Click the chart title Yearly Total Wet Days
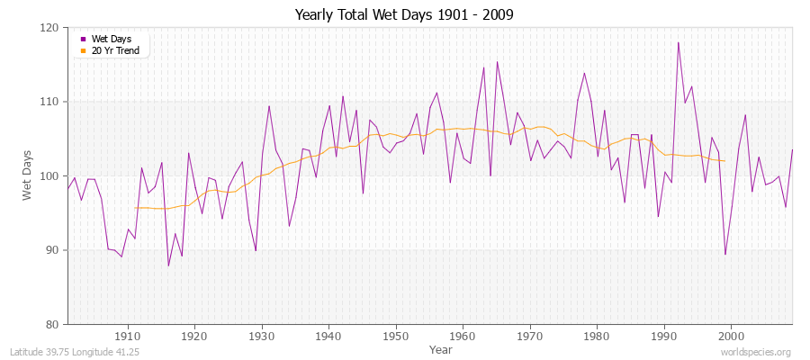tap(404, 15)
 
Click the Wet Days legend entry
tap(112, 39)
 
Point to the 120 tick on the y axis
tap(49, 28)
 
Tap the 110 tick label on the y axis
tap(49, 102)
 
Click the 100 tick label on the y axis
tap(49, 176)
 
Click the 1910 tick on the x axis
tap(128, 336)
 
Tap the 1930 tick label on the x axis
tap(262, 336)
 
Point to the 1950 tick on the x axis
tap(396, 336)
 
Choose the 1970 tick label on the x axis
tap(530, 336)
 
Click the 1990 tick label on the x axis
tap(664, 336)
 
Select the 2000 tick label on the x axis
tap(731, 336)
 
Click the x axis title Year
tap(441, 348)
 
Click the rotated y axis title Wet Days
tap(27, 175)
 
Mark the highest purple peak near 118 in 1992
tap(678, 42)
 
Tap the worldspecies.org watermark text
tap(758, 352)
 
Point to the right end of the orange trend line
tap(724, 161)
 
